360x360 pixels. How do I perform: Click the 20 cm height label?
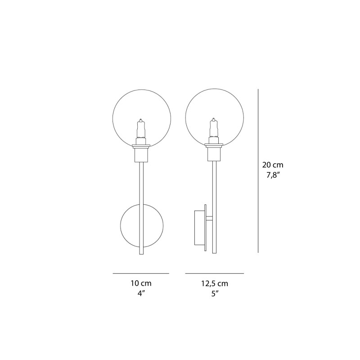point(273,165)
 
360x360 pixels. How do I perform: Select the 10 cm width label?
point(141,283)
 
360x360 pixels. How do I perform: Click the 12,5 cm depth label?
point(214,283)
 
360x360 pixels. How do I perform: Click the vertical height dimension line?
point(258,171)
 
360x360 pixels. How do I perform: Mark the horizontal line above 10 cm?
point(141,273)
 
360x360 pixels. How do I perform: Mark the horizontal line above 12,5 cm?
point(214,273)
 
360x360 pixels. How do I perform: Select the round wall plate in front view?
point(130,225)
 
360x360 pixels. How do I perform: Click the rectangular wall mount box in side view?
point(199,228)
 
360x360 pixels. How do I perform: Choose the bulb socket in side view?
point(214,155)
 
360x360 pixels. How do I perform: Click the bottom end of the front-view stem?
point(142,253)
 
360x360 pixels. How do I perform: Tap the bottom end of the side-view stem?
point(215,253)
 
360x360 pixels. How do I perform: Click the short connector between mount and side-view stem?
point(210,219)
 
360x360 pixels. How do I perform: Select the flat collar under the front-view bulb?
point(141,145)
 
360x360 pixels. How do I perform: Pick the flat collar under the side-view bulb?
point(214,145)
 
